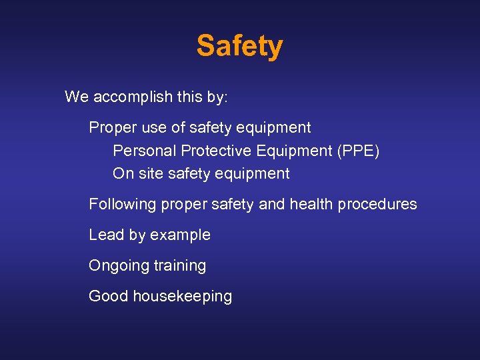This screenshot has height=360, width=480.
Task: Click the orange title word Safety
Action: pyautogui.click(x=239, y=47)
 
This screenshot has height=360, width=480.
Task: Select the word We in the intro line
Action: pyautogui.click(x=77, y=97)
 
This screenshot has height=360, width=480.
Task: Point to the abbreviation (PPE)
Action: pyautogui.click(x=359, y=151)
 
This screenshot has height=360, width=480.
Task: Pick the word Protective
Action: pyautogui.click(x=213, y=151)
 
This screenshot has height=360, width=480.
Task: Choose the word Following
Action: pyautogui.click(x=123, y=204)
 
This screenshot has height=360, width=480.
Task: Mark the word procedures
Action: pyautogui.click(x=377, y=204)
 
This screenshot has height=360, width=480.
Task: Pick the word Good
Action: pyautogui.click(x=109, y=296)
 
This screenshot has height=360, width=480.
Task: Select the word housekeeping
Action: pyautogui.click(x=183, y=297)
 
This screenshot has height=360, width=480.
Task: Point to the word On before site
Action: pyautogui.click(x=123, y=174)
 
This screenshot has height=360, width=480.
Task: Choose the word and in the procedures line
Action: pyautogui.click(x=271, y=204)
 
